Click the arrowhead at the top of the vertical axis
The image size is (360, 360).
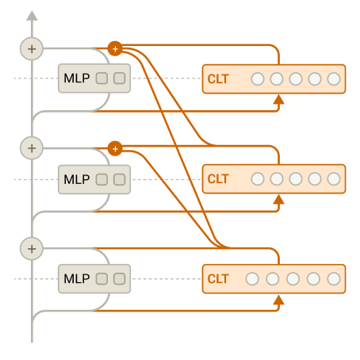(x=32, y=16)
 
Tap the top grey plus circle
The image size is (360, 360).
(x=32, y=49)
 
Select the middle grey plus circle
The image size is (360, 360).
(x=32, y=148)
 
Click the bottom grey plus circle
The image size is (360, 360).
(x=32, y=249)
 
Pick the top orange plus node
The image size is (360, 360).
(x=115, y=48)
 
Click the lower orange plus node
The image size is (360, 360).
(x=115, y=148)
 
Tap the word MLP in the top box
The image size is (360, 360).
(x=77, y=79)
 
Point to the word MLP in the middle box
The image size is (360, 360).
(x=77, y=179)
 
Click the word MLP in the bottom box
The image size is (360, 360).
(x=77, y=278)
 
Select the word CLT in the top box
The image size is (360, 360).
(x=218, y=79)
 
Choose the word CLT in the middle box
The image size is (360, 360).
(x=218, y=179)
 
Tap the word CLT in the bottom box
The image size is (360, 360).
(x=218, y=279)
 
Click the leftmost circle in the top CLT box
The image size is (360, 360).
(x=258, y=79)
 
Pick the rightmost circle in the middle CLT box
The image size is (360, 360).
(x=334, y=179)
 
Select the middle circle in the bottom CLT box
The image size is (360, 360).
(x=293, y=279)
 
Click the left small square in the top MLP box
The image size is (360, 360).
(x=101, y=79)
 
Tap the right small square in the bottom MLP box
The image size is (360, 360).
(x=120, y=278)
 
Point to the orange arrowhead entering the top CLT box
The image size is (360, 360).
(x=278, y=100)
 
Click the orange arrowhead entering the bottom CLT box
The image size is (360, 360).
(x=278, y=300)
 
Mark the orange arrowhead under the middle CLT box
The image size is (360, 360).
(x=278, y=200)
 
